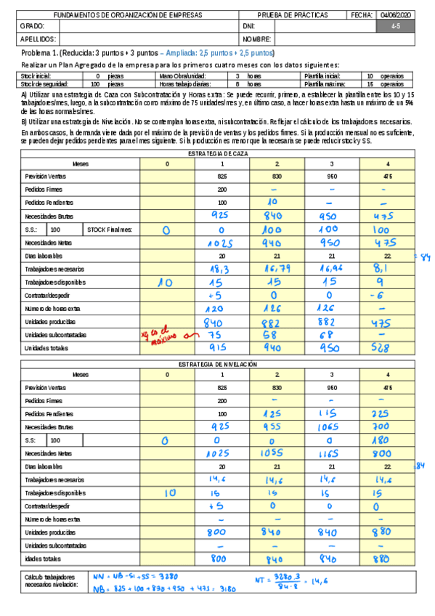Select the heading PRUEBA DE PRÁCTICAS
[x=293, y=15]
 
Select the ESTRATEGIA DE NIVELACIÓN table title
[x=218, y=364]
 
